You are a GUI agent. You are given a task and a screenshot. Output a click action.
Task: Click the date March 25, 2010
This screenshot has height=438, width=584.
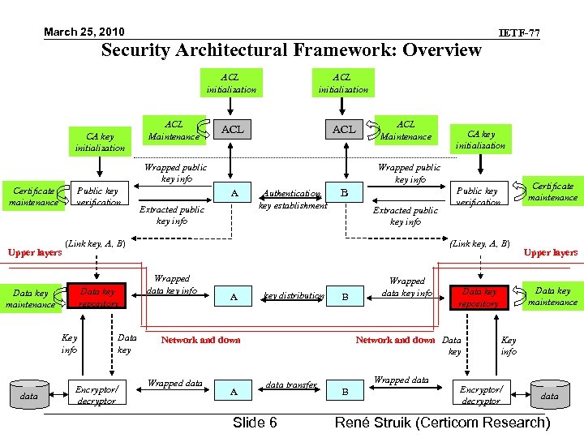(x=84, y=32)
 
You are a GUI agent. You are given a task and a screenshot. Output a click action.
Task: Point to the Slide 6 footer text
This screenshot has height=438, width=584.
(x=255, y=423)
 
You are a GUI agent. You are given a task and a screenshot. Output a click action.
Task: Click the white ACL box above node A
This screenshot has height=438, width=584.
(x=233, y=130)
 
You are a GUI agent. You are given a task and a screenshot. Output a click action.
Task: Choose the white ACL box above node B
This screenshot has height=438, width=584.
(x=344, y=130)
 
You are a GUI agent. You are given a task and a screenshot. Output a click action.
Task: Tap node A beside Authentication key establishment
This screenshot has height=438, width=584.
(x=234, y=192)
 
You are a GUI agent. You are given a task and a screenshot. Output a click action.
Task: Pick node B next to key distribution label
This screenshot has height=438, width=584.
(x=345, y=297)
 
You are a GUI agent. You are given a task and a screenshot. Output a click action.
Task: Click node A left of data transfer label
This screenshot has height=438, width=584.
(x=234, y=392)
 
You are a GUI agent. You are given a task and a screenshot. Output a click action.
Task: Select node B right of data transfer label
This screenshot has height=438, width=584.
(x=345, y=392)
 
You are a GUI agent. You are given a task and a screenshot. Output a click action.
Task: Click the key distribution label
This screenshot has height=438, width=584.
(x=294, y=296)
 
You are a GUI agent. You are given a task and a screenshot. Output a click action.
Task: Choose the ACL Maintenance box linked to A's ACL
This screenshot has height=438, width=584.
(x=174, y=130)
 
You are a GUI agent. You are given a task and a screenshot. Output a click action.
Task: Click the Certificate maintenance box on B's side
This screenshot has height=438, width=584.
(x=552, y=191)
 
